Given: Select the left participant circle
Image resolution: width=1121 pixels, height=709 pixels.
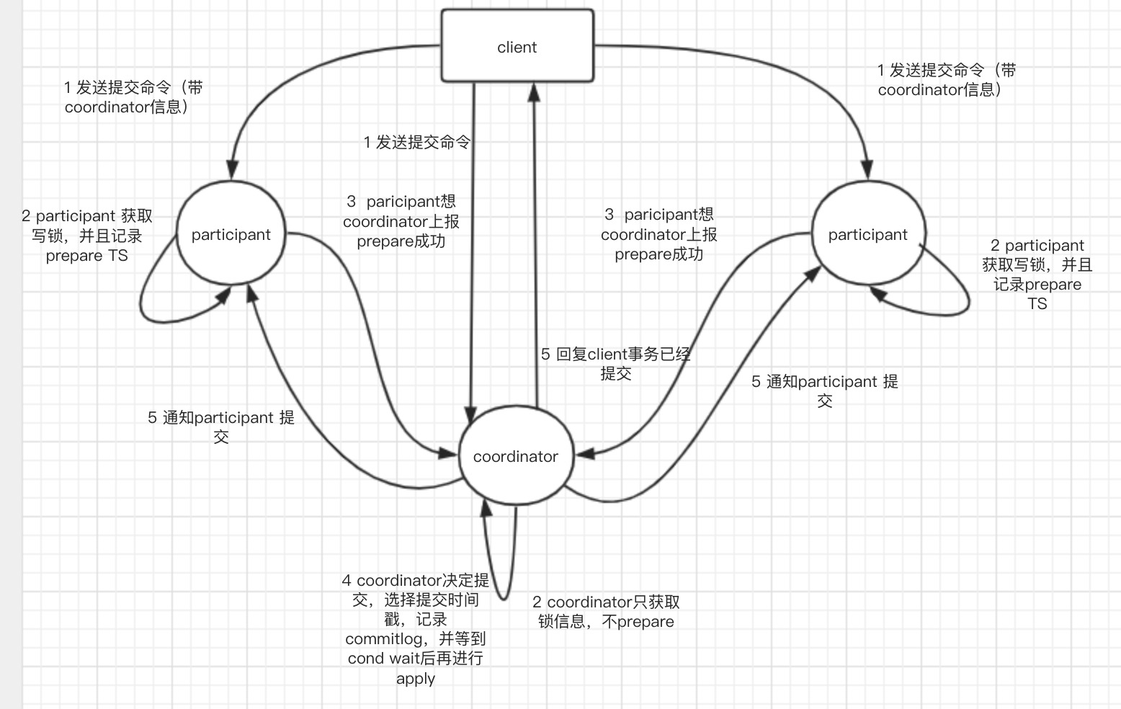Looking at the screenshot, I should click(x=231, y=234).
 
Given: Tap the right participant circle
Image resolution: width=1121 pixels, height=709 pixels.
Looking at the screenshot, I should click(x=867, y=234).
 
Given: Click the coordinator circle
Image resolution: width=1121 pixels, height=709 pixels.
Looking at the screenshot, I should click(x=515, y=455).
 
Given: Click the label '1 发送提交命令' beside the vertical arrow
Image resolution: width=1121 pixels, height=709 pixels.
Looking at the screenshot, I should click(x=416, y=142).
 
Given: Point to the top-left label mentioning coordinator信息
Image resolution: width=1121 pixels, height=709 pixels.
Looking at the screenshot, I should click(x=133, y=97).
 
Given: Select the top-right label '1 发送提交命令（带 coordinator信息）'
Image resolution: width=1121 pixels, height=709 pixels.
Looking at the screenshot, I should click(x=946, y=80).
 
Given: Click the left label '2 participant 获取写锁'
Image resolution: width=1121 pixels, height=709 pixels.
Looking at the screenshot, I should click(x=86, y=236).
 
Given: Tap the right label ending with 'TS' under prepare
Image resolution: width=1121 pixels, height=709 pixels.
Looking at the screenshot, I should click(x=1037, y=275).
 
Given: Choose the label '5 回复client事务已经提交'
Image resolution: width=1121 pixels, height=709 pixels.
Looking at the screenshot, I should click(x=615, y=363).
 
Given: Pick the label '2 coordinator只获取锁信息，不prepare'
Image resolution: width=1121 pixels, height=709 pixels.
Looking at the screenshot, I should click(x=606, y=612).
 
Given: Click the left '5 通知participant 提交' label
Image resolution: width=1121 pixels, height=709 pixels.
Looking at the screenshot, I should click(x=220, y=427).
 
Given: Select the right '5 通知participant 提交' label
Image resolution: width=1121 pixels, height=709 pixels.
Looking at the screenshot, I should click(x=824, y=391).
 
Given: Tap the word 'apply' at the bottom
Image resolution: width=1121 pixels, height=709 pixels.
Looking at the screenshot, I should click(x=415, y=678).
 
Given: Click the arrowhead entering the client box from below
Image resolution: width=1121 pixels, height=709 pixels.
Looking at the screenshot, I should click(x=534, y=90).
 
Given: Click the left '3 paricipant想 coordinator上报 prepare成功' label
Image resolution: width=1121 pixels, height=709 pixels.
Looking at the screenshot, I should click(x=401, y=221).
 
